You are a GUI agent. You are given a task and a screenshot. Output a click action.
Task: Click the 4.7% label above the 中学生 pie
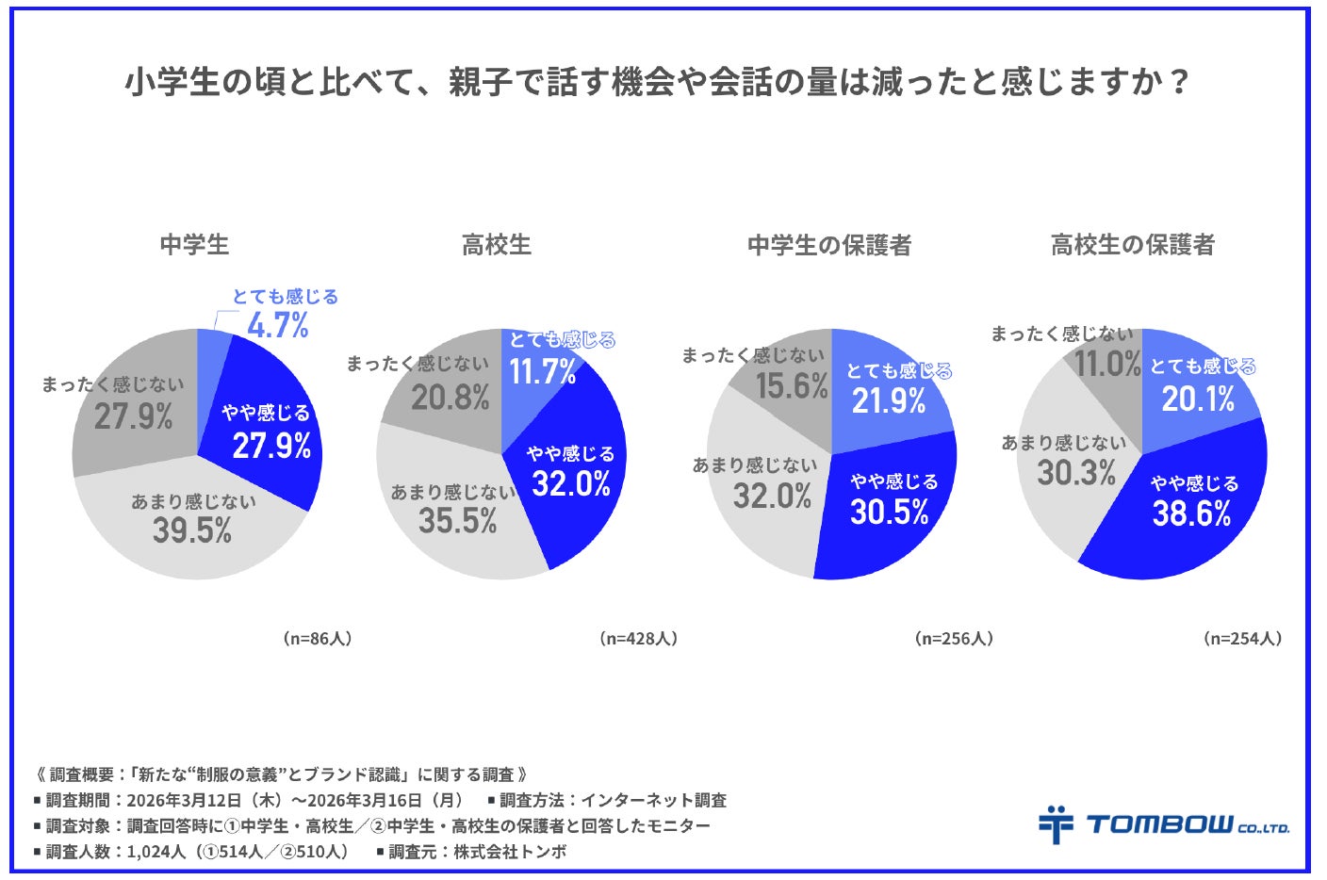[x=278, y=325]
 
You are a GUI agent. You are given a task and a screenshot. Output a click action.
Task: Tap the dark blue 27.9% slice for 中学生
[x=267, y=438]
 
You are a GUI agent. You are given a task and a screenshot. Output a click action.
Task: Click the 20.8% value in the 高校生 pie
[x=451, y=398]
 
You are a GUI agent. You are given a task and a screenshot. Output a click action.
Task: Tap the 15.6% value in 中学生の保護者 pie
[x=792, y=386]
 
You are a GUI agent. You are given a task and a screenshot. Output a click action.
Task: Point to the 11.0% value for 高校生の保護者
[x=1107, y=364]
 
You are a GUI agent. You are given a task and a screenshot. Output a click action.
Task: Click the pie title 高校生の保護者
[x=1133, y=245]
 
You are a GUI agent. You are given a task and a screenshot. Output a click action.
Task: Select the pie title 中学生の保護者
[x=829, y=245]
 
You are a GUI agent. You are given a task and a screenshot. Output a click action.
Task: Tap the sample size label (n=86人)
[x=318, y=638]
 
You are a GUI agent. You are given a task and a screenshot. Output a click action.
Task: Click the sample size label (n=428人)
[x=638, y=638]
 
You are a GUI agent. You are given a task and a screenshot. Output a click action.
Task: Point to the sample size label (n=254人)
[x=1243, y=638]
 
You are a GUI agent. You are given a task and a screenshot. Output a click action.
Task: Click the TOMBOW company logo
[x=1164, y=823]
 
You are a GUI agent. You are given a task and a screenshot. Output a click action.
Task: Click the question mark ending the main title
[x=1180, y=81]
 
